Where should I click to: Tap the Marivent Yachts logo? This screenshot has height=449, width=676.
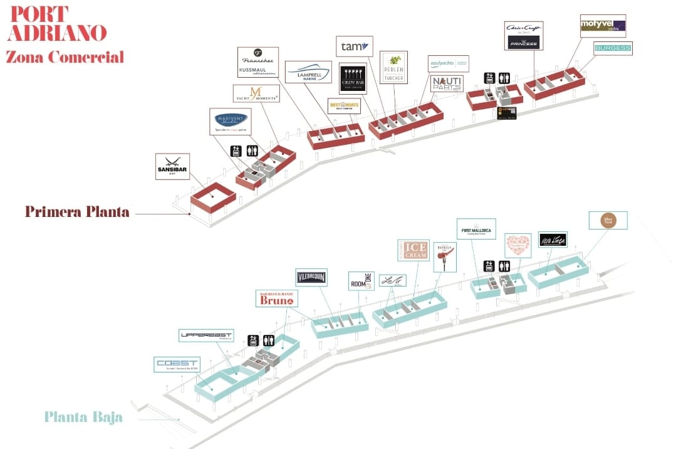(231, 121)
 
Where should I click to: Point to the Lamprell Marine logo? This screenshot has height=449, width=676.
(308, 73)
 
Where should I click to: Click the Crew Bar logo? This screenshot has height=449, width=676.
(353, 78)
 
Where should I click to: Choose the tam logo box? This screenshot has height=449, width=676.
(354, 46)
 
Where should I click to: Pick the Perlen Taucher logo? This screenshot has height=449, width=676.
(393, 67)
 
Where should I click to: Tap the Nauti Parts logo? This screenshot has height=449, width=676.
(447, 84)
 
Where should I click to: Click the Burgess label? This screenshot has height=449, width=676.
(613, 48)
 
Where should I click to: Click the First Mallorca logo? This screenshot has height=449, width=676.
(476, 230)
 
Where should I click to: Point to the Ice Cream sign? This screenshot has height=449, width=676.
(415, 251)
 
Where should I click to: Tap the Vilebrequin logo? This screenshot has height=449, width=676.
(312, 277)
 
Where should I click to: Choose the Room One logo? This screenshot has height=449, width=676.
(361, 281)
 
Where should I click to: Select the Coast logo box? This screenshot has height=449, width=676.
(176, 365)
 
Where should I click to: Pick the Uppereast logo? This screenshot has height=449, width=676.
(206, 335)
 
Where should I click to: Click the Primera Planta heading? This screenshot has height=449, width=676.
(77, 212)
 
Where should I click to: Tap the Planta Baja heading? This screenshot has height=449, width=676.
(83, 417)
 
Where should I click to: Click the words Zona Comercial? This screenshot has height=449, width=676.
(65, 57)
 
